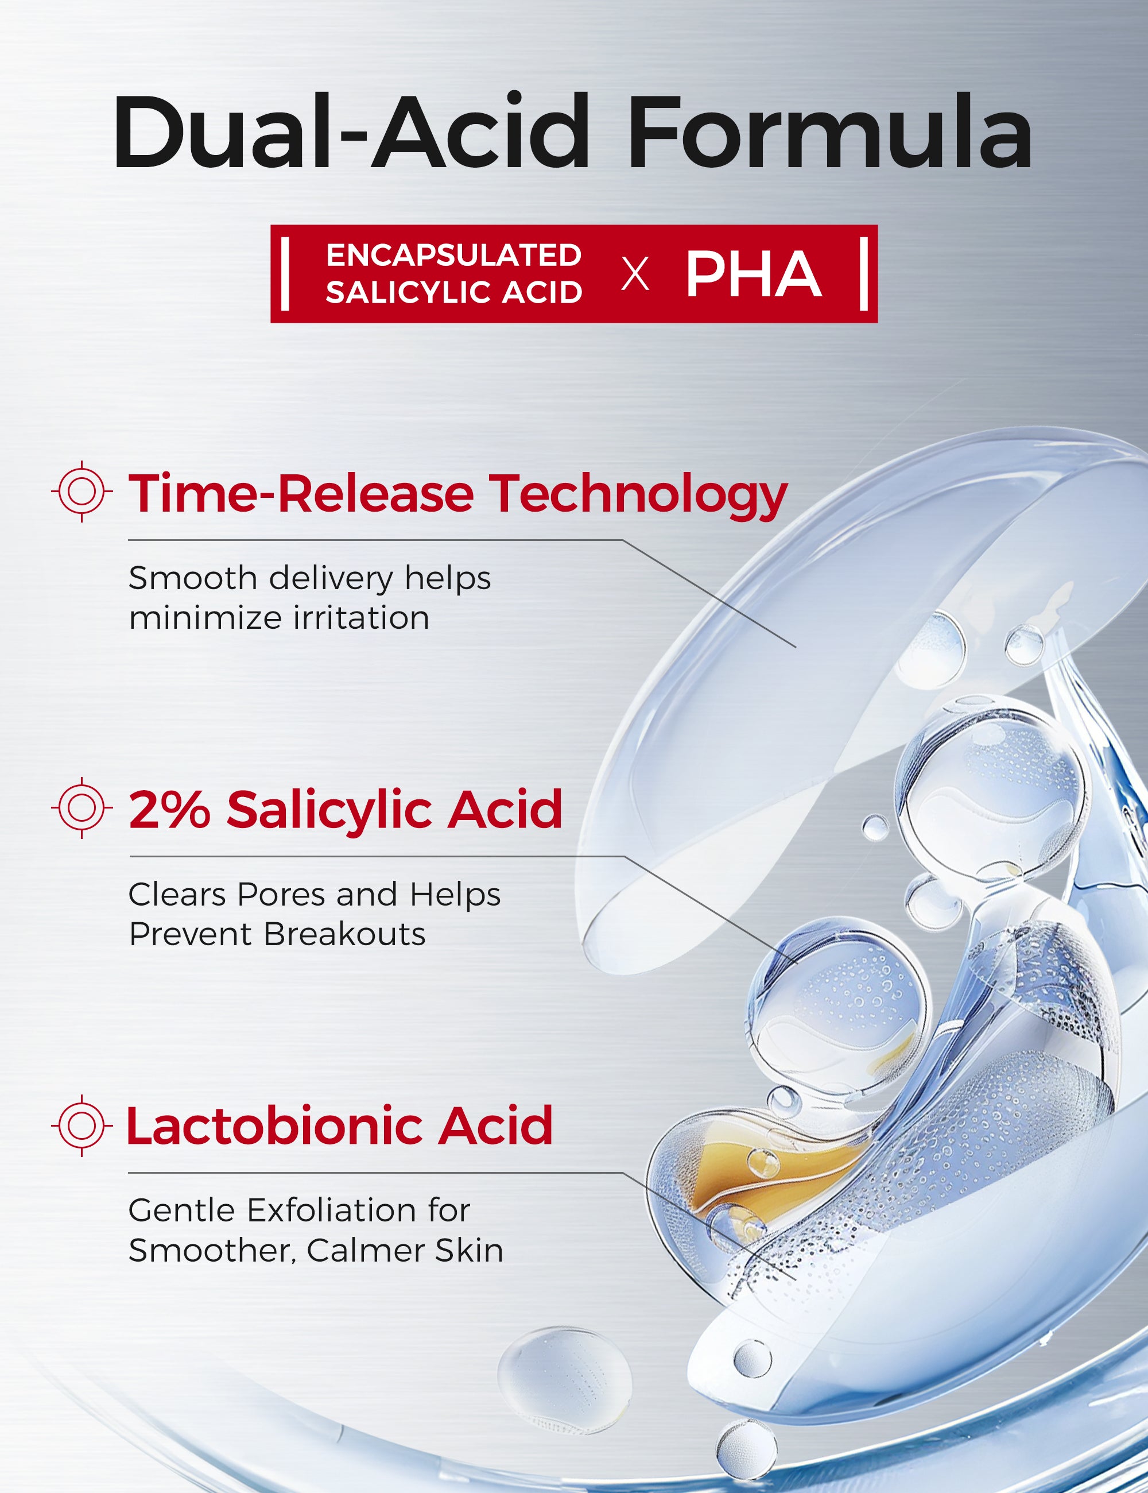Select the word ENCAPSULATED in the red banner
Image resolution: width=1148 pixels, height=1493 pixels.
(453, 256)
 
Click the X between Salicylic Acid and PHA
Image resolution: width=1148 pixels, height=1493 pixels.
(635, 275)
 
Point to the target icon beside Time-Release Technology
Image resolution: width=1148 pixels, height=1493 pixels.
(82, 492)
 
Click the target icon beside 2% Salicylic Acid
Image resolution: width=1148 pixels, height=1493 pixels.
(82, 807)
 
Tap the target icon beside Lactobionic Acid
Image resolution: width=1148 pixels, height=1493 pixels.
(82, 1125)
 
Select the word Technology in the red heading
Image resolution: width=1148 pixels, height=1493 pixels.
(638, 494)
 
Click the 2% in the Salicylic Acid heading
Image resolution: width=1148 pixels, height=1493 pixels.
(169, 810)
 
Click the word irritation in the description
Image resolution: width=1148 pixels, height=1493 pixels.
(361, 618)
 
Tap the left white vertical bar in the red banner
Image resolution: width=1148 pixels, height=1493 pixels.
(285, 273)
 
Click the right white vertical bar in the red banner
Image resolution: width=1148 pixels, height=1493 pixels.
(864, 273)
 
